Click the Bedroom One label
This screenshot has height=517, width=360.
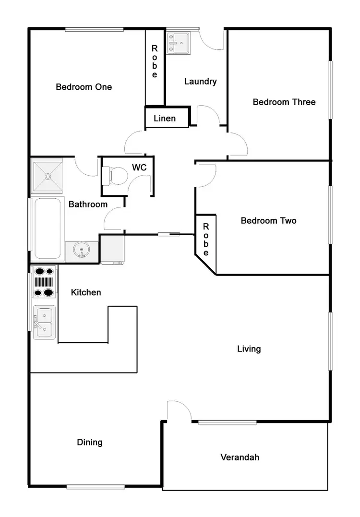pos(84,87)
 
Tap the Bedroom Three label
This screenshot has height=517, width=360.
pos(284,102)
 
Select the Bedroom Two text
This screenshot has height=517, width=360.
pos(268,221)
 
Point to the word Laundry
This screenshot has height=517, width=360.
pos(200,82)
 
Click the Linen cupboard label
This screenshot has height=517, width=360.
pos(165,118)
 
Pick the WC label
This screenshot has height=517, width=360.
pos(139,168)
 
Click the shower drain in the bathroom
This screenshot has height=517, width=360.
pos(48,176)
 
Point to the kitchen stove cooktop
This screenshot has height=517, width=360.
pos(44,282)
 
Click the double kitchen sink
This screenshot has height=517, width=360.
pos(44,322)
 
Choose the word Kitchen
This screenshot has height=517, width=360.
pos(86,292)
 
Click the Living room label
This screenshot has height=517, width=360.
pos(249,349)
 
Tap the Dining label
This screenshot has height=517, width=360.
pos(90,442)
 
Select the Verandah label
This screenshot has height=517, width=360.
pos(240,457)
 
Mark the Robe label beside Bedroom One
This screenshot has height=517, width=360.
pos(155,61)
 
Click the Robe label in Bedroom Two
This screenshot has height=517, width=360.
pos(205,240)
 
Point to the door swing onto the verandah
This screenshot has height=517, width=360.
pos(179,411)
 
